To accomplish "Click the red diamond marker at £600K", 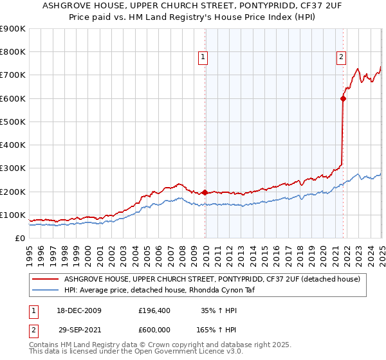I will click(x=343, y=98).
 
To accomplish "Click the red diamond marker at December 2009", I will click(x=205, y=192).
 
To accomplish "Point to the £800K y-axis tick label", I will click(x=13, y=52).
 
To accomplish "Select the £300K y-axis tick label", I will click(x=13, y=168).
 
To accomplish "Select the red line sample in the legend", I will click(x=45, y=279).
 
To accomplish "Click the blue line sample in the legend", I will click(x=45, y=291).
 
